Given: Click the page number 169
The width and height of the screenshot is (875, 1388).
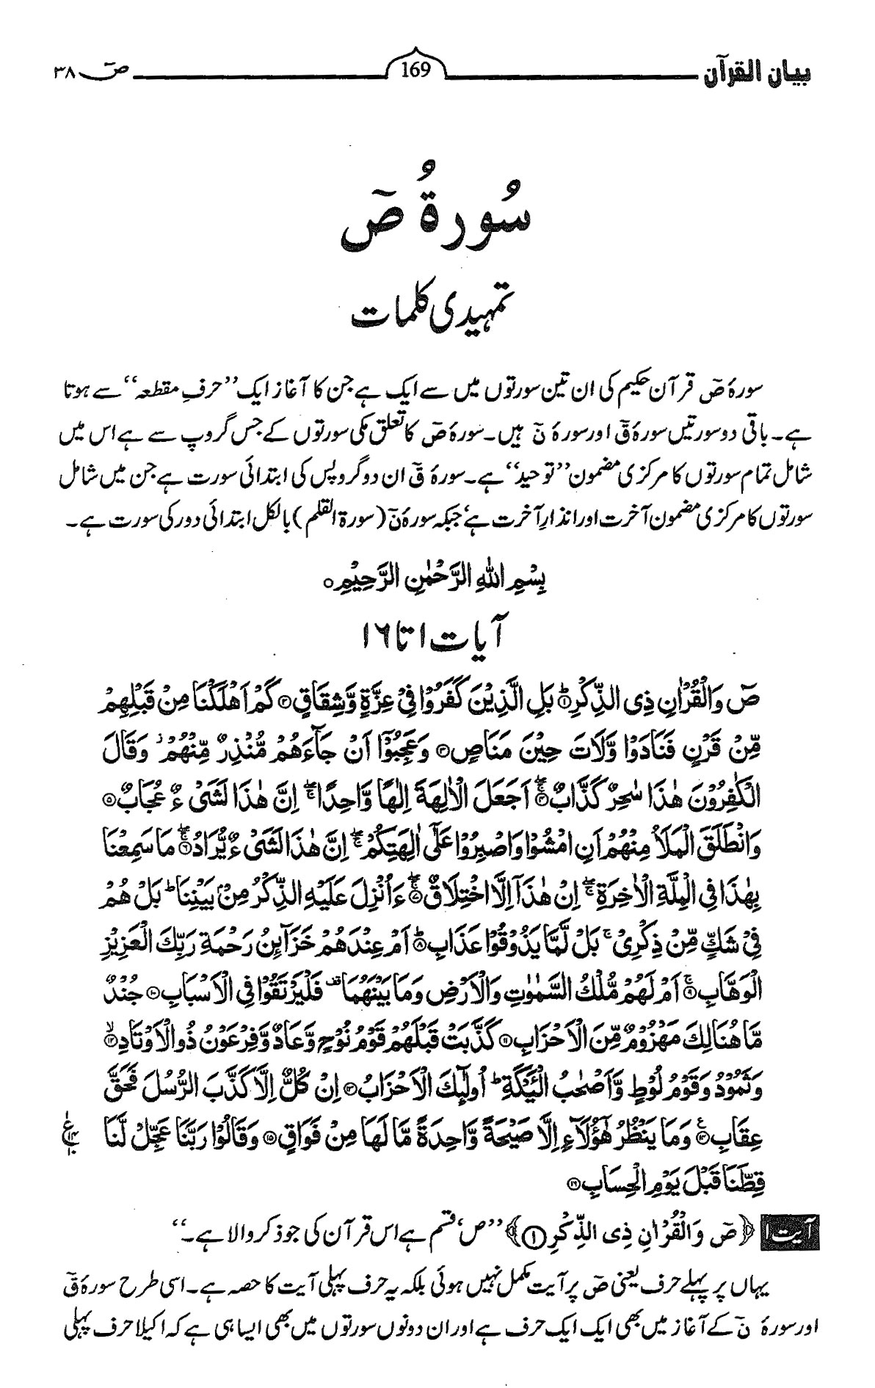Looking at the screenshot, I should tap(416, 71).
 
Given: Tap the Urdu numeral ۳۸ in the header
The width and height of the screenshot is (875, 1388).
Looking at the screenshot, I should tap(68, 72).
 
